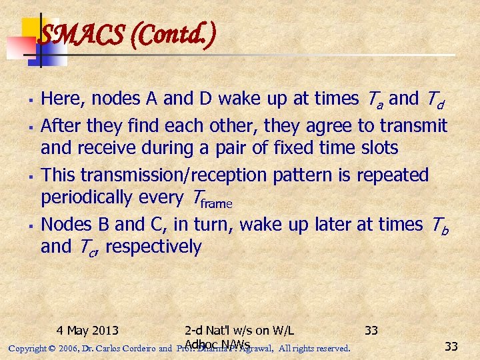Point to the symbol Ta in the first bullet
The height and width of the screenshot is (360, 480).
(x=373, y=99)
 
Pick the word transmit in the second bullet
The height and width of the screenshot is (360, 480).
(x=413, y=125)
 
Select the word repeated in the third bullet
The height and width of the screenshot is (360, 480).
(x=393, y=175)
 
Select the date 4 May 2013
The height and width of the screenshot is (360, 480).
(x=87, y=330)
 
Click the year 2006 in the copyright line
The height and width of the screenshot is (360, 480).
(x=67, y=348)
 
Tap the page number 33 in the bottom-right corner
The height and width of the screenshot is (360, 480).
(x=451, y=347)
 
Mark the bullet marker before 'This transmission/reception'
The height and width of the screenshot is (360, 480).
(x=32, y=176)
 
